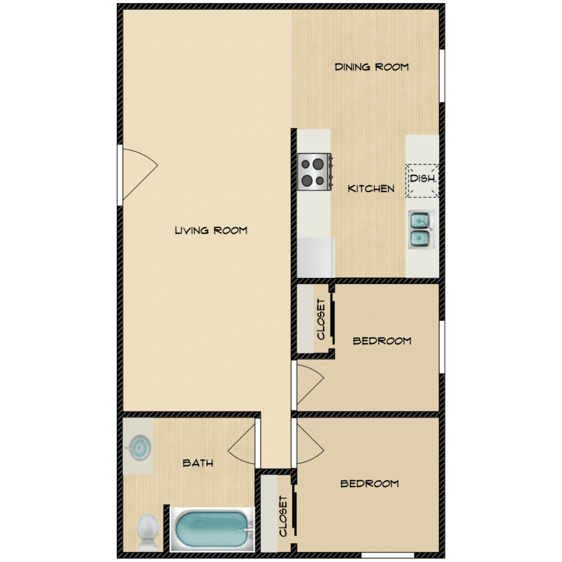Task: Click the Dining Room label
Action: [x=372, y=67]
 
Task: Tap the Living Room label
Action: [x=211, y=230]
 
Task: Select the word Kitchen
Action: [x=371, y=189]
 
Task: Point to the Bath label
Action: [x=198, y=463]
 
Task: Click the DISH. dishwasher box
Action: [x=422, y=181]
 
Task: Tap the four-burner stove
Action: [x=314, y=172]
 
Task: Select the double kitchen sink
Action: [x=421, y=229]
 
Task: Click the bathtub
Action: [x=212, y=529]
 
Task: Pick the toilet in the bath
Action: [x=148, y=532]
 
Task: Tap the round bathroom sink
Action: [x=139, y=447]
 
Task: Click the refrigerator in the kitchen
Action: [x=315, y=258]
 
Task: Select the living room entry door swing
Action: [x=140, y=174]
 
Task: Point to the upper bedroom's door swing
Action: [x=310, y=384]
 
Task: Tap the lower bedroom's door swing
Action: [x=310, y=444]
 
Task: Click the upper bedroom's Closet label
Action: [x=321, y=319]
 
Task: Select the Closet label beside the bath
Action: [x=282, y=516]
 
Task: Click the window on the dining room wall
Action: [x=442, y=76]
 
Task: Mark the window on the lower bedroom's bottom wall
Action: [x=388, y=555]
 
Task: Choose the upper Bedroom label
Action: [x=382, y=340]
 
